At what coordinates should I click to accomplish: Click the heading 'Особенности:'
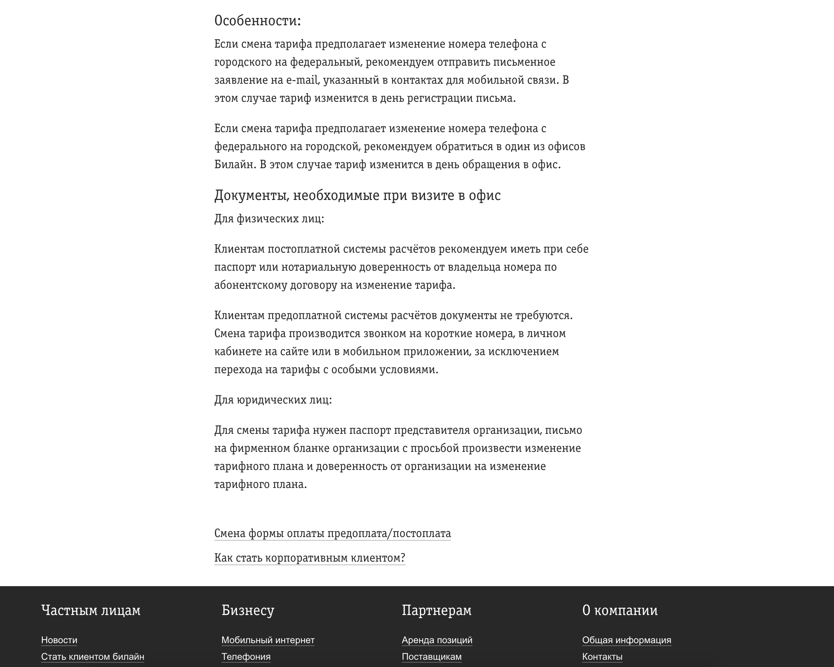tap(257, 21)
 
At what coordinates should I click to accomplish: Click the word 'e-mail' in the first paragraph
tap(301, 80)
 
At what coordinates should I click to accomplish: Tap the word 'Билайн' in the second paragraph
tap(234, 165)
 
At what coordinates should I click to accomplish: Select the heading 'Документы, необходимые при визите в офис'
tap(357, 196)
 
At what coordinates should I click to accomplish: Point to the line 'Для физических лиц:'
tap(269, 219)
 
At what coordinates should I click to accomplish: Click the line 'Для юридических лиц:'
tap(273, 400)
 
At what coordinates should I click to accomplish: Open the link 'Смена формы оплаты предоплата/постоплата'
tap(332, 533)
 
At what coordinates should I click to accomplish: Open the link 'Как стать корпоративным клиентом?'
tap(310, 558)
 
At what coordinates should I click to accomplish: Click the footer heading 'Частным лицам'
tap(91, 610)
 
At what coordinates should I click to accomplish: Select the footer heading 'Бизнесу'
tap(247, 610)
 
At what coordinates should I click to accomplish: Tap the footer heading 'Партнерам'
tap(436, 610)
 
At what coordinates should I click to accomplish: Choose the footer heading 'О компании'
tap(619, 610)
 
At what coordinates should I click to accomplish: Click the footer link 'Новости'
tap(59, 640)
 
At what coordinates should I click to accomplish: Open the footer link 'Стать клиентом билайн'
tap(92, 657)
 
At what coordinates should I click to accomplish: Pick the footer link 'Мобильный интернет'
tap(268, 640)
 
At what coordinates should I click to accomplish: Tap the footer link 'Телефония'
tap(246, 657)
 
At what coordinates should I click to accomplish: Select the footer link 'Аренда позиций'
tap(437, 640)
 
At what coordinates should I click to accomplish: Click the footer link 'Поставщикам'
tap(431, 657)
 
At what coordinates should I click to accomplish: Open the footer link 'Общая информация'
tap(626, 640)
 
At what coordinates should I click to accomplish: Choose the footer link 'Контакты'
tap(602, 657)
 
